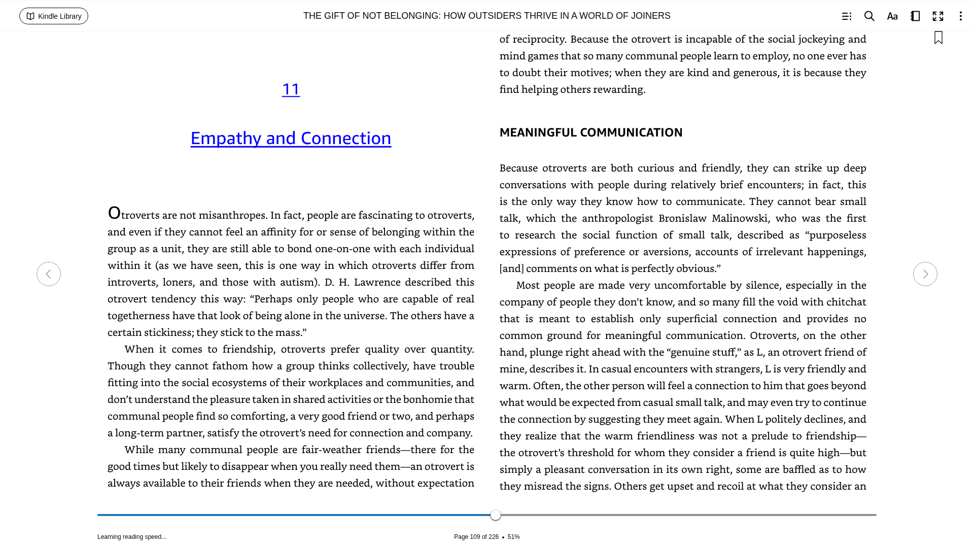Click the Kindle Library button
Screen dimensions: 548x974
click(54, 16)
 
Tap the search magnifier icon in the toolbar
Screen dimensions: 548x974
click(869, 16)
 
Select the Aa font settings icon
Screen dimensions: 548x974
click(892, 16)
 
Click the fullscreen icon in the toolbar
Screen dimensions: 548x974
click(938, 16)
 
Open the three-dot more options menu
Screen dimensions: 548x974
click(960, 16)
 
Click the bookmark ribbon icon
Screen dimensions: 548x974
click(938, 38)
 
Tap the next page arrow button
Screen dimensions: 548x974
click(925, 274)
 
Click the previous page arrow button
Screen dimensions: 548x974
click(49, 274)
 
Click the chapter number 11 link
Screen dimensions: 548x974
click(291, 89)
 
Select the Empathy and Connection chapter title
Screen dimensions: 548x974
click(291, 138)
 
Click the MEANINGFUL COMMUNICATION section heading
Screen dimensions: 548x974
click(591, 132)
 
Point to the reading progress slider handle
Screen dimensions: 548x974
click(496, 515)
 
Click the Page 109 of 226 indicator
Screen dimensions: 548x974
click(476, 537)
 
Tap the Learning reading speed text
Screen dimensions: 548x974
click(132, 537)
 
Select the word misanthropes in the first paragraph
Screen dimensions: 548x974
click(233, 215)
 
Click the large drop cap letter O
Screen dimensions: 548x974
click(114, 213)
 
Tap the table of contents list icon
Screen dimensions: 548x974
click(846, 16)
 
